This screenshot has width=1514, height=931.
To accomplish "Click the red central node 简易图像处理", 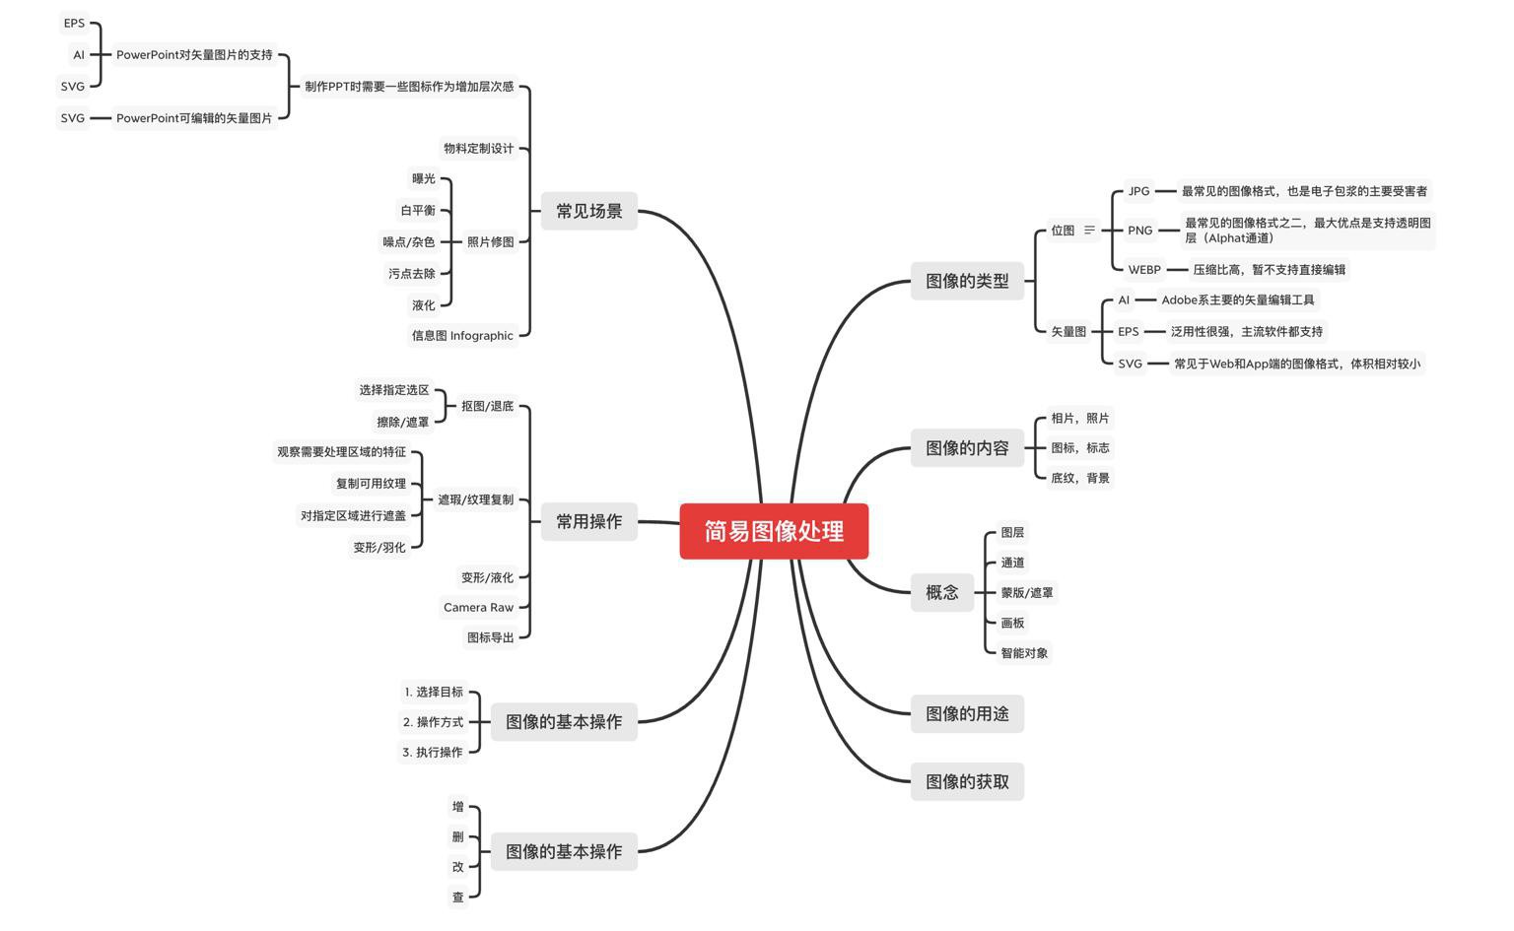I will [774, 531].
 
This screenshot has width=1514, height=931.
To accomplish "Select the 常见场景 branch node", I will [588, 211].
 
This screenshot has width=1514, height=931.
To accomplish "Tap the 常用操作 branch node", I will [588, 521].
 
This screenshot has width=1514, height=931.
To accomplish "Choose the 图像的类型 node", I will [966, 281].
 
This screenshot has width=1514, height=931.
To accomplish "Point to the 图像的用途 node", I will [966, 713].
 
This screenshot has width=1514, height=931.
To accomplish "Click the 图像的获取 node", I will [966, 781].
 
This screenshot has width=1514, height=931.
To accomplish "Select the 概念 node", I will [941, 592].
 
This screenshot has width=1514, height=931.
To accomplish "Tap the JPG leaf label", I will [1138, 191].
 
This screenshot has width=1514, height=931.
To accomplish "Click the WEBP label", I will [1143, 269].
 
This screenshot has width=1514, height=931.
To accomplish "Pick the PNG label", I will [1139, 231].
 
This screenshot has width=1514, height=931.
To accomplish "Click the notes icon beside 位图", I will [1089, 231].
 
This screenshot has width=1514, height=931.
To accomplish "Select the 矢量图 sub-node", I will [1067, 332].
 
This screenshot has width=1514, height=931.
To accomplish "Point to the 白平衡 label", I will [417, 210].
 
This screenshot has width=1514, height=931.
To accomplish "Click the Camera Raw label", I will [478, 607].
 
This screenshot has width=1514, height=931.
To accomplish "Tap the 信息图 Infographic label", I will [462, 335].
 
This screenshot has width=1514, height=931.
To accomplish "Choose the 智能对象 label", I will [1024, 652].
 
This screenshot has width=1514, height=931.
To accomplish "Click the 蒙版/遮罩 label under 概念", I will [1026, 592].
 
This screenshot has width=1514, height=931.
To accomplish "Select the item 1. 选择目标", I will [433, 692].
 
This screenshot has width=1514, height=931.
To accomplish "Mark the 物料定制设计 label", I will [478, 148].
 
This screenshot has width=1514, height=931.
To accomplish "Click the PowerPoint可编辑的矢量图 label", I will [194, 118].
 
